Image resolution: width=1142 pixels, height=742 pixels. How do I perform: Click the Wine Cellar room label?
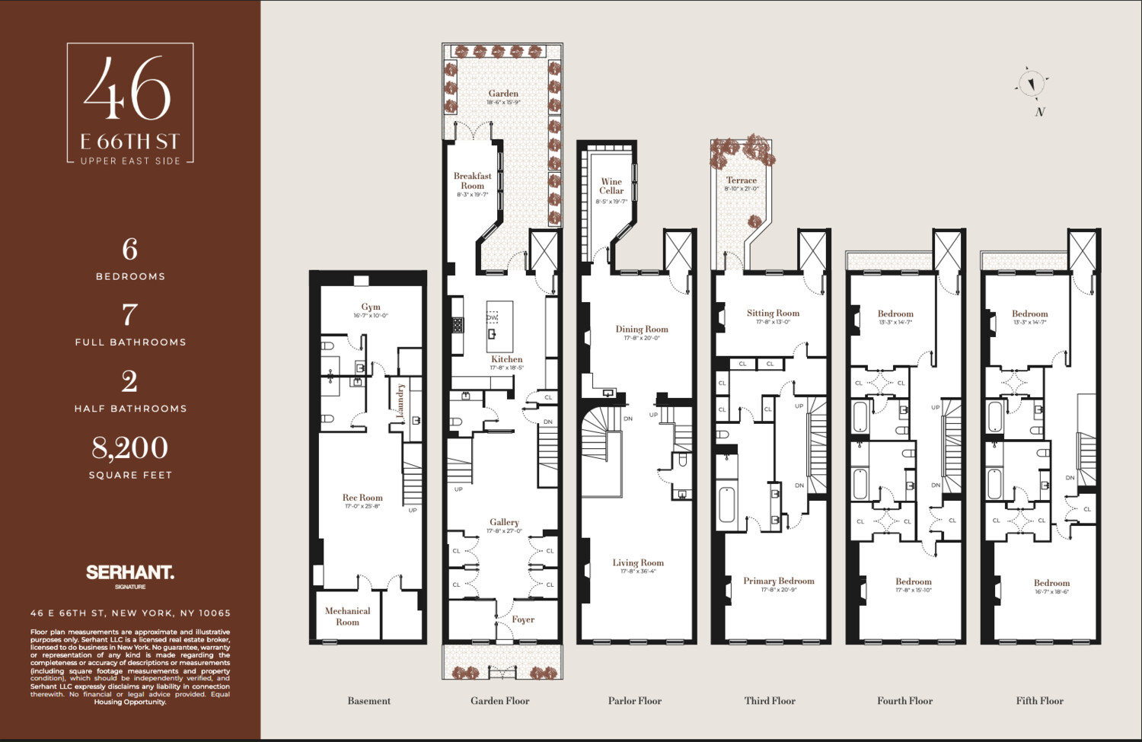click(x=611, y=186)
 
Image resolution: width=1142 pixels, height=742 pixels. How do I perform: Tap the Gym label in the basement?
click(x=371, y=307)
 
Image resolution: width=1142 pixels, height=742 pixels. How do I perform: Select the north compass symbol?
click(x=1032, y=84)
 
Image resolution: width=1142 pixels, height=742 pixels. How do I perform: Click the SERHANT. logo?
click(x=130, y=572)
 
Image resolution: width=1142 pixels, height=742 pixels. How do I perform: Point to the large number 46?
click(x=128, y=89)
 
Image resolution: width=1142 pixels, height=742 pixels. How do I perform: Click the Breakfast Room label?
click(x=472, y=181)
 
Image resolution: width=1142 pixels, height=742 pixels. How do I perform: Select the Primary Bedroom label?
click(x=779, y=581)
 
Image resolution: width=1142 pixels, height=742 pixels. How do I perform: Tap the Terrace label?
click(x=741, y=180)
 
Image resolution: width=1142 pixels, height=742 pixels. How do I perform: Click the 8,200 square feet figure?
click(x=130, y=447)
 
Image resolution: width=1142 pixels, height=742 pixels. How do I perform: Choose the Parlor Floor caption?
click(x=635, y=701)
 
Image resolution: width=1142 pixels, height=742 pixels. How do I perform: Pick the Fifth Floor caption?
click(x=1039, y=701)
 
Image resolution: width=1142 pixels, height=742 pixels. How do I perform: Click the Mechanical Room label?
click(x=347, y=616)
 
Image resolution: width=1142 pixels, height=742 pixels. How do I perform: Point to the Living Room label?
click(x=638, y=562)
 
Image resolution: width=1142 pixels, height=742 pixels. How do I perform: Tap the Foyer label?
click(x=523, y=619)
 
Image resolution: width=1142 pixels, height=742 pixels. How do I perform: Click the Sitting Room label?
click(x=773, y=313)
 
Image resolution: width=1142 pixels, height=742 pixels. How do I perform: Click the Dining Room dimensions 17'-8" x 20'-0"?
click(x=642, y=338)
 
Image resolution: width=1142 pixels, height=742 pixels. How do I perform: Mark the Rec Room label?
click(x=362, y=497)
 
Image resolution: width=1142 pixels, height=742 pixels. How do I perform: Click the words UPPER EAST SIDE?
click(x=130, y=161)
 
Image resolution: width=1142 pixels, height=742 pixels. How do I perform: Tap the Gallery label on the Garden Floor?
click(x=504, y=522)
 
